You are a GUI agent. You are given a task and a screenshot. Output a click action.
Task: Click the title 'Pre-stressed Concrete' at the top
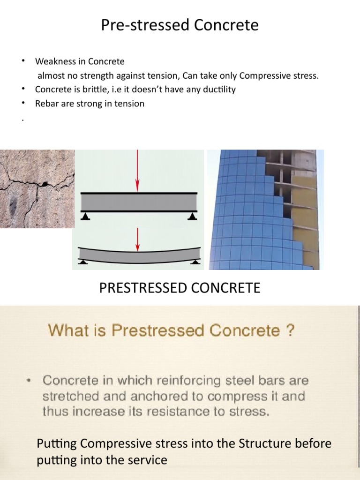[180, 25]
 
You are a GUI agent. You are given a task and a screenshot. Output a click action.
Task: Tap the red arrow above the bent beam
[137, 239]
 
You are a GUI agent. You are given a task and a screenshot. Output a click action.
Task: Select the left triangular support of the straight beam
[86, 216]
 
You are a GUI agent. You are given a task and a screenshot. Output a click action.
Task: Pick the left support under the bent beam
[83, 262]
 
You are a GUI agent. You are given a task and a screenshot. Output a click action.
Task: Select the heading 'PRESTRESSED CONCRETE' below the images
[180, 288]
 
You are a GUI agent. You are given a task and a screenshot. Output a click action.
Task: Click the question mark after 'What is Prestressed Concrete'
[290, 331]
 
